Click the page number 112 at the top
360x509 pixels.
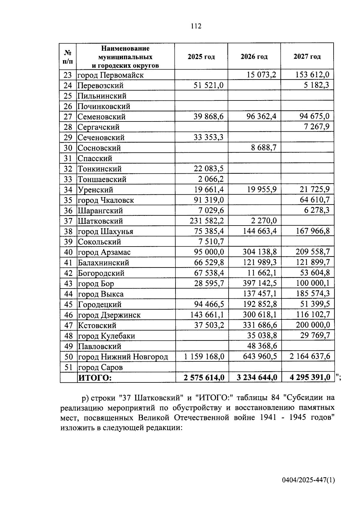click(x=196, y=26)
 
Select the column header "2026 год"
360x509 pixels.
click(x=254, y=57)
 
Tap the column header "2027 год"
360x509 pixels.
click(x=307, y=57)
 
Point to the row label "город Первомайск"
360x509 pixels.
click(x=110, y=75)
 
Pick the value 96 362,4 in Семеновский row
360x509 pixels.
click(x=261, y=116)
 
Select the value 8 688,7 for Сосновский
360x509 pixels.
click(x=264, y=148)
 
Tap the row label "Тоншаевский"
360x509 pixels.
click(x=102, y=179)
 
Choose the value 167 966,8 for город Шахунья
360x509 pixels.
click(x=313, y=231)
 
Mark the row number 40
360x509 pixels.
click(x=68, y=252)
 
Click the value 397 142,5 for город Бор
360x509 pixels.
click(x=260, y=283)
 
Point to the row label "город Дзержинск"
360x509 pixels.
click(x=109, y=315)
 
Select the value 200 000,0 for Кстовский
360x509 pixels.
click(x=313, y=325)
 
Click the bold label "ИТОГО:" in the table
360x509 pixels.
click(x=95, y=378)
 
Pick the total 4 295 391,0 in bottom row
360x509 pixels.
click(x=310, y=377)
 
